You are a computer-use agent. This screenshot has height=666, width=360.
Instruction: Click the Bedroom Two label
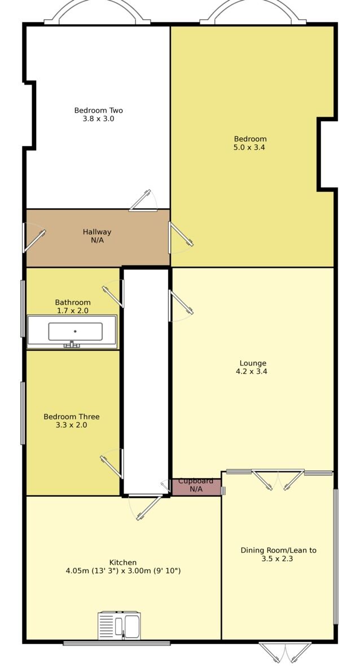(98, 111)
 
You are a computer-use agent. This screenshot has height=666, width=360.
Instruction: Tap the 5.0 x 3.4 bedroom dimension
(249, 148)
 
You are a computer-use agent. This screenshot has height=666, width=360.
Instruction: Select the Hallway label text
(97, 232)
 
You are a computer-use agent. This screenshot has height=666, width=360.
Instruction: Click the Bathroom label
(72, 302)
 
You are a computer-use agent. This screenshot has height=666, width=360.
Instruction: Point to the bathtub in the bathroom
(72, 332)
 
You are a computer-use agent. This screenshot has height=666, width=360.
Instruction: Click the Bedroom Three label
(72, 417)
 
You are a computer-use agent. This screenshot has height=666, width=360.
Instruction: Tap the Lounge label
(252, 363)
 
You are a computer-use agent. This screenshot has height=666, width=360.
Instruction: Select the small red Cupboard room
(196, 487)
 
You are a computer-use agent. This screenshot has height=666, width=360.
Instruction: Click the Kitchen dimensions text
(123, 571)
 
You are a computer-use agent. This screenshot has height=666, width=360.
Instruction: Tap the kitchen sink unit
(119, 625)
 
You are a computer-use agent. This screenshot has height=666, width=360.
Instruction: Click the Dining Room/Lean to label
(278, 550)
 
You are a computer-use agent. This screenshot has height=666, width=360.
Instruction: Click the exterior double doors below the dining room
(285, 652)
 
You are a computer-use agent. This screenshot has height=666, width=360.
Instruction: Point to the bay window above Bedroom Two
(98, 12)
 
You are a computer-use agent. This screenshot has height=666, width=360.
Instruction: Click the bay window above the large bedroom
(253, 12)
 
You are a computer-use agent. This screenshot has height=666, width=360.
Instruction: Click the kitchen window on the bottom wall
(116, 643)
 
